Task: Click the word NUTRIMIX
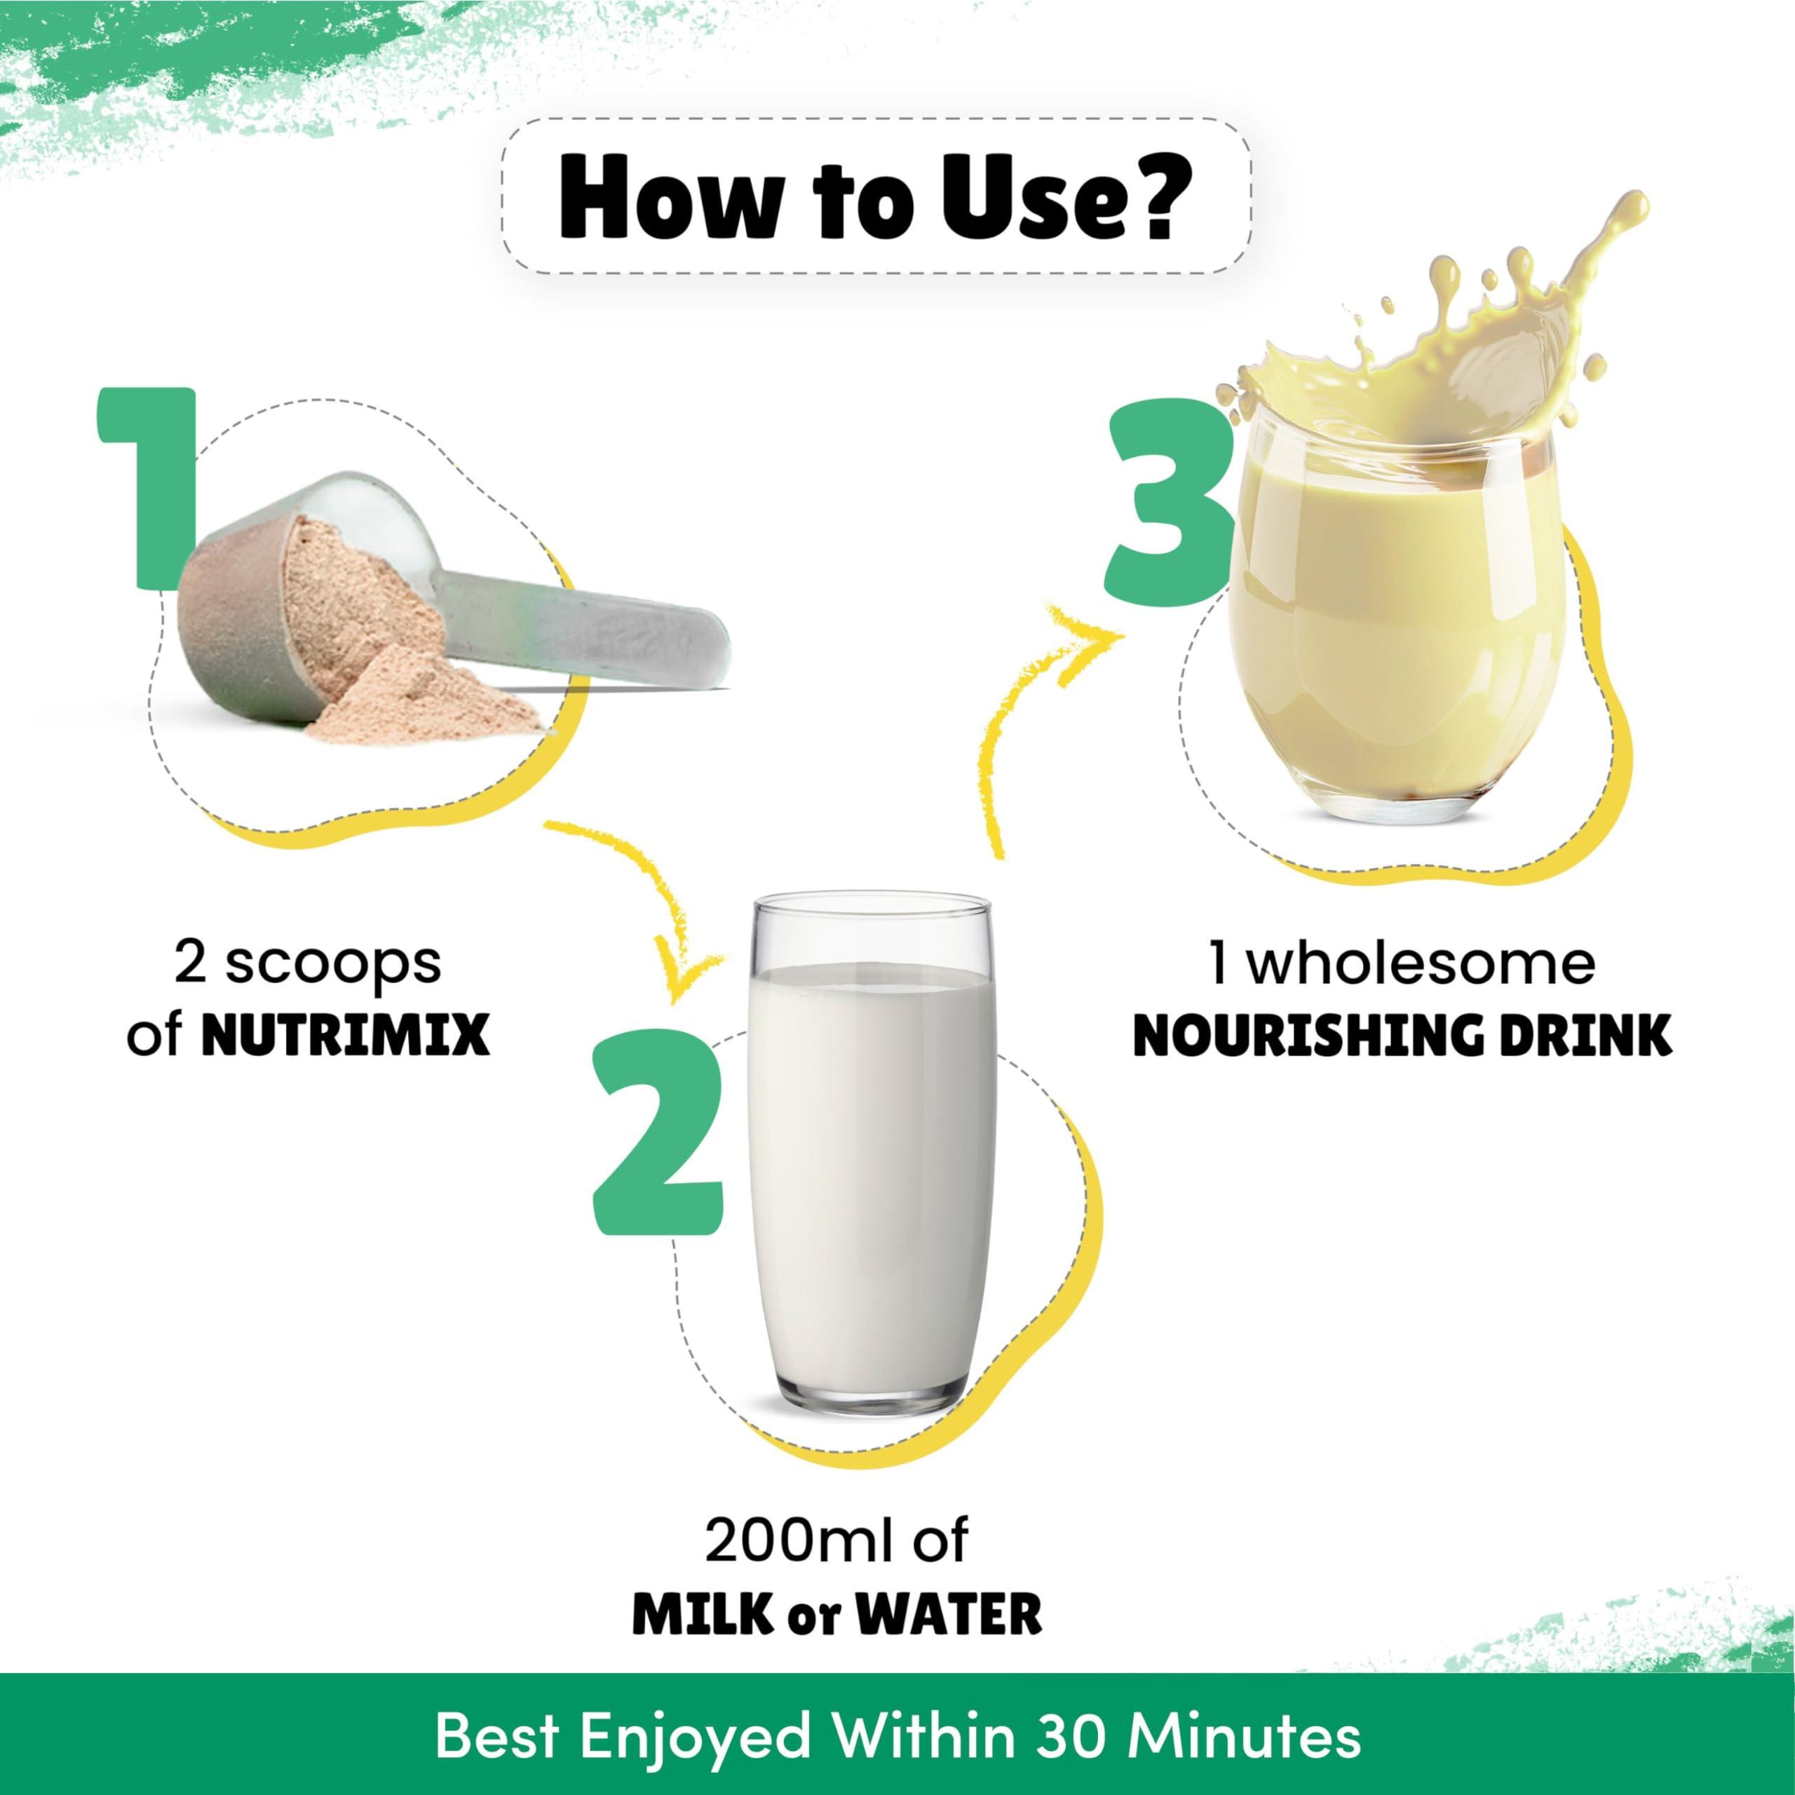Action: coord(346,1036)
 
